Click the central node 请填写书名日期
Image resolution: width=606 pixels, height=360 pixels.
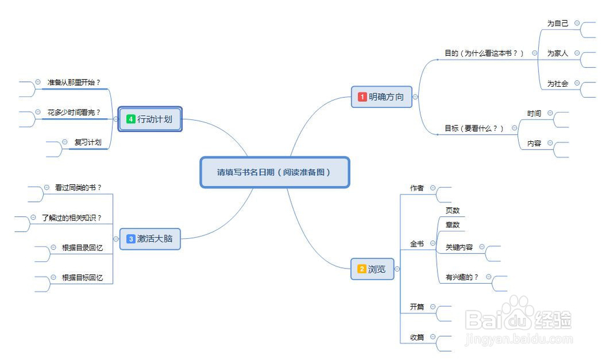click(275, 172)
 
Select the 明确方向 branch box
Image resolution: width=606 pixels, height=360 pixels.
click(381, 96)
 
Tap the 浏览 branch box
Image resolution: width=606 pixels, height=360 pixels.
click(372, 269)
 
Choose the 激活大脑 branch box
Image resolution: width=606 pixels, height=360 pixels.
click(150, 239)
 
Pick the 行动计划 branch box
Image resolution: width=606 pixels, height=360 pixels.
click(150, 119)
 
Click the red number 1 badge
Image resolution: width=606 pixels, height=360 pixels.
click(362, 96)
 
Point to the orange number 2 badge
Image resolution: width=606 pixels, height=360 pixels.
click(361, 269)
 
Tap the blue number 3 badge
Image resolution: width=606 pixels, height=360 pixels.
click(130, 239)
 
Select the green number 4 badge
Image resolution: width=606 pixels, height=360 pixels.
click(130, 119)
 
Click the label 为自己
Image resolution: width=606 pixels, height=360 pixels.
click(558, 23)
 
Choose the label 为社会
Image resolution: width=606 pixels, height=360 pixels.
click(558, 84)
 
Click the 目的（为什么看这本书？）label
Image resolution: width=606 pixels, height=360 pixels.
click(484, 53)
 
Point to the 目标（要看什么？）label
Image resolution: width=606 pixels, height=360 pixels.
click(474, 128)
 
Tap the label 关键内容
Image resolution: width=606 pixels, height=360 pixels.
click(459, 247)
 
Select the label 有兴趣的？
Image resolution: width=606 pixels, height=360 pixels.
click(462, 277)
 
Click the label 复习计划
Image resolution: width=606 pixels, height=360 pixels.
click(88, 142)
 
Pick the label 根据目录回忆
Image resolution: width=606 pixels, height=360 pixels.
click(82, 247)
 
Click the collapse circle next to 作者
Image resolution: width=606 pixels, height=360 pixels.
click(433, 188)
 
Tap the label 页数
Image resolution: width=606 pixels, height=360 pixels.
click(453, 210)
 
